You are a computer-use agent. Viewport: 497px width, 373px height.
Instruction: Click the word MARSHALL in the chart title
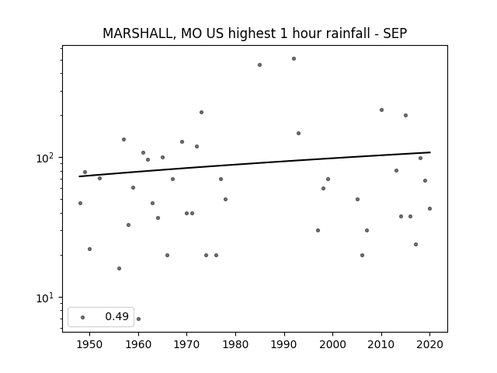pos(138,33)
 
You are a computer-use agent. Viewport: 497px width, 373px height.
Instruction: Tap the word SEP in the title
pos(395,33)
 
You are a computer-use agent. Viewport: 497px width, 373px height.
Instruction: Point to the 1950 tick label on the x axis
pos(90,344)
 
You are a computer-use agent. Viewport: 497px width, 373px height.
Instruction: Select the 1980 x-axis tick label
pos(235,344)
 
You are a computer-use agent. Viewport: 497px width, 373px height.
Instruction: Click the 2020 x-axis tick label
pos(429,344)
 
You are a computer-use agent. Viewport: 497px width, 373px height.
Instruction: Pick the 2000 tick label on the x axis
pos(333,344)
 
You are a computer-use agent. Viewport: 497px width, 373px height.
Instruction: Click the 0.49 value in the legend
pos(117,316)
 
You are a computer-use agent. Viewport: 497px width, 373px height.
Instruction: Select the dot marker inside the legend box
pos(83,317)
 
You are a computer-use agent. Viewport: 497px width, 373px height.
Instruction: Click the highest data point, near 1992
pos(294,59)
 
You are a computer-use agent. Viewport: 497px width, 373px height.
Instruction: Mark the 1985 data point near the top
pos(259,65)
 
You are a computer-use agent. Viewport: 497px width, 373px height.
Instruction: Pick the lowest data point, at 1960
pos(138,319)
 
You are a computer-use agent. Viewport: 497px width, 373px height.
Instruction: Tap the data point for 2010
pos(381,110)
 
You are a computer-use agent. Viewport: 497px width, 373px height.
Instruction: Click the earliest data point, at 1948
pos(80,203)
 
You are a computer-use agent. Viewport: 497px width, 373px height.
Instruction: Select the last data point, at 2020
pos(429,209)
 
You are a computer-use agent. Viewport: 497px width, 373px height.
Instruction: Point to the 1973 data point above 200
pos(201,112)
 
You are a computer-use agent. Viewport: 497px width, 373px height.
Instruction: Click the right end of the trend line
pos(430,152)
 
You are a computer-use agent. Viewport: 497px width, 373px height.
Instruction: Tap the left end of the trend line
pos(79,176)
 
